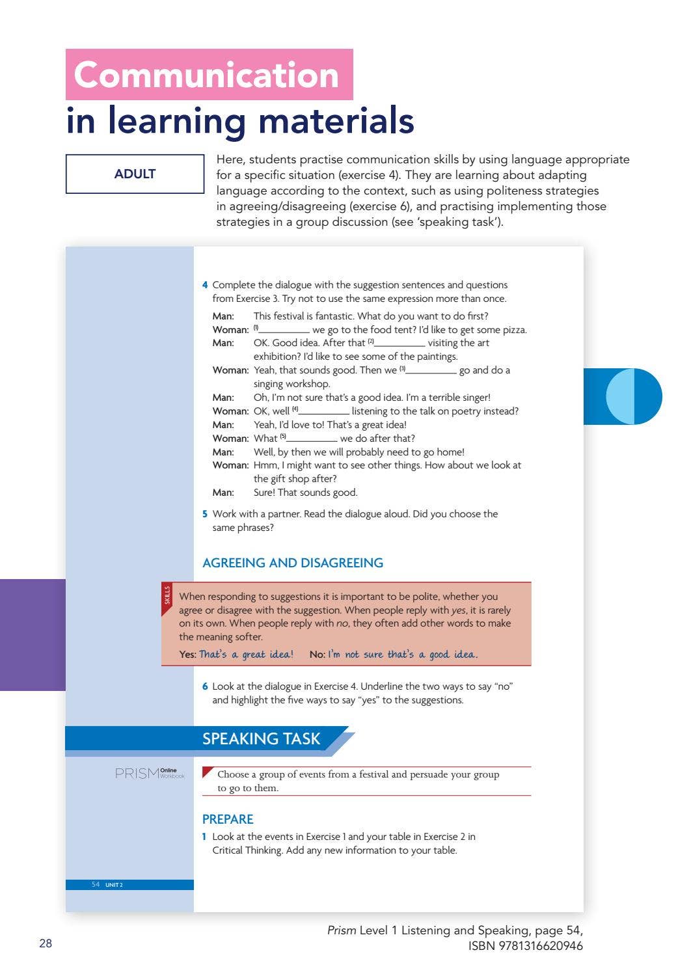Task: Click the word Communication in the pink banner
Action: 207,75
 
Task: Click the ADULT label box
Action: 135,174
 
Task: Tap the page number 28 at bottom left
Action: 46,943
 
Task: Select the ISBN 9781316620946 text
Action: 525,946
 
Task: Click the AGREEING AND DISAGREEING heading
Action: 293,563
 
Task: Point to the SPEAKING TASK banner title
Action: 261,739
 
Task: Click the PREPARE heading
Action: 228,819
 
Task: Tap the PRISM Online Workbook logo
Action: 150,773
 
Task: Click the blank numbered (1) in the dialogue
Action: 284,330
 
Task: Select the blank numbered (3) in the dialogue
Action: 431,370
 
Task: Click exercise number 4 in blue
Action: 205,285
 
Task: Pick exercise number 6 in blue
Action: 205,686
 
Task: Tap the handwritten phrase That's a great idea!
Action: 246,655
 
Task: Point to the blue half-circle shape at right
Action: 633,396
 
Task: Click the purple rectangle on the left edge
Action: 33,634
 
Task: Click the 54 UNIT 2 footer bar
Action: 129,885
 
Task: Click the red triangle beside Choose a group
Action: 208,772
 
